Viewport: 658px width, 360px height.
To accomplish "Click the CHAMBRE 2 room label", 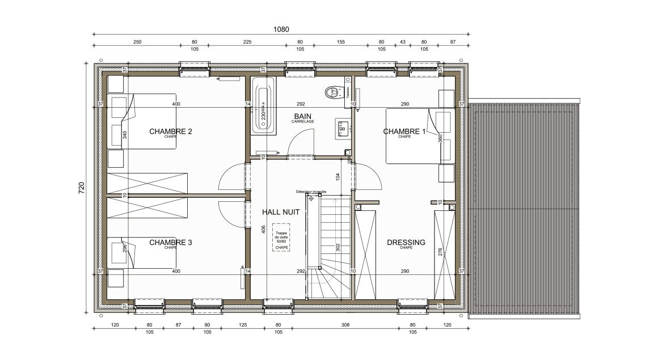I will [170, 132].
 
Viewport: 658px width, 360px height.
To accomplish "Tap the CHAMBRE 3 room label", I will [170, 242].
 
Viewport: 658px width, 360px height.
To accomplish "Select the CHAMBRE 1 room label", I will [404, 132].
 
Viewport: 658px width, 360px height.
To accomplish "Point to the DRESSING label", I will [406, 242].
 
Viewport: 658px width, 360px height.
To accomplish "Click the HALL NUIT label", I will [280, 211].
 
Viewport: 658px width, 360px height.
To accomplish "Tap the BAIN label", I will [302, 116].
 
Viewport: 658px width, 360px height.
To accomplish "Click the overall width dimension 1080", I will [281, 29].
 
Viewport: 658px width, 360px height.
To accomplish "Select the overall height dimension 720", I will [81, 188].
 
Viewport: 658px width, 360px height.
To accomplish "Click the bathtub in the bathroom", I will [263, 106].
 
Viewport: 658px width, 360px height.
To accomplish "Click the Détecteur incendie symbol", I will [311, 198].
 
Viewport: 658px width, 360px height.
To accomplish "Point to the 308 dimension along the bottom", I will [345, 325].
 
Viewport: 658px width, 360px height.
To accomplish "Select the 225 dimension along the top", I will [247, 42].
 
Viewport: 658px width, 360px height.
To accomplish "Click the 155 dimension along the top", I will [340, 42].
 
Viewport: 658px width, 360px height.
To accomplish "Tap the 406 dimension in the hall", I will [264, 230].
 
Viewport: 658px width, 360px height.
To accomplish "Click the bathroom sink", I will [343, 129].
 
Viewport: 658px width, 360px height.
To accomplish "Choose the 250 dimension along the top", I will [137, 42].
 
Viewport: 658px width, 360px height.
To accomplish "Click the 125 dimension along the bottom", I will [242, 325].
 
